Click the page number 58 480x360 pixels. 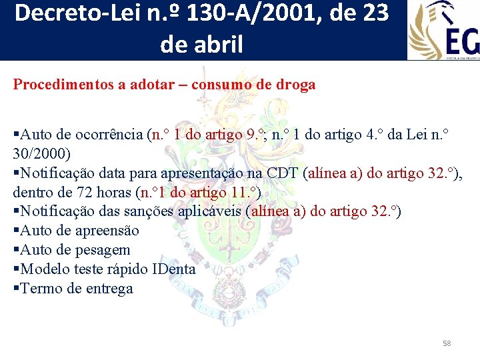447,343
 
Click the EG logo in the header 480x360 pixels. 444,29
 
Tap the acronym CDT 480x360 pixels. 283,173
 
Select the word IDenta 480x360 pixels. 174,270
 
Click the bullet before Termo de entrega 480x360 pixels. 16,289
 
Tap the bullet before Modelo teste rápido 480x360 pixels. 16,270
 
